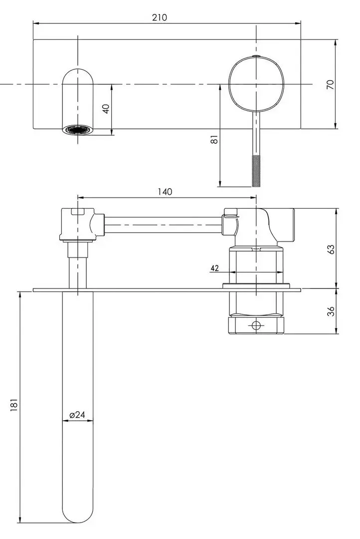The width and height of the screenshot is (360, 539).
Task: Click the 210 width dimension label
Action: [x=159, y=17]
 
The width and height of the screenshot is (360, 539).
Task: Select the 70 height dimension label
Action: [x=330, y=84]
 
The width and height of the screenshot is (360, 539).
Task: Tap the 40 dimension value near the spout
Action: [x=105, y=109]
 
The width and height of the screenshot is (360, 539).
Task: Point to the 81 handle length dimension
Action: [x=214, y=140]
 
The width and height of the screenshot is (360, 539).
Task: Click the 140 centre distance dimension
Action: [x=165, y=192]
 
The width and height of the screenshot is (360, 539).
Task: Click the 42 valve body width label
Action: [x=215, y=268]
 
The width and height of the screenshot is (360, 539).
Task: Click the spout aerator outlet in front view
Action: [x=77, y=130]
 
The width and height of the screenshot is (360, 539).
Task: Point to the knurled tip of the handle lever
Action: [x=256, y=171]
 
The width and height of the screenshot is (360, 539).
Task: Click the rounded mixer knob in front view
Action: [x=256, y=84]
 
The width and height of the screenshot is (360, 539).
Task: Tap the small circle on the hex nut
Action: [x=256, y=326]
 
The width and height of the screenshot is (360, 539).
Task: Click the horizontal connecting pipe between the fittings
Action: [x=162, y=224]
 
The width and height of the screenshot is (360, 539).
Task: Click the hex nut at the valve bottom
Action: [x=256, y=325]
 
